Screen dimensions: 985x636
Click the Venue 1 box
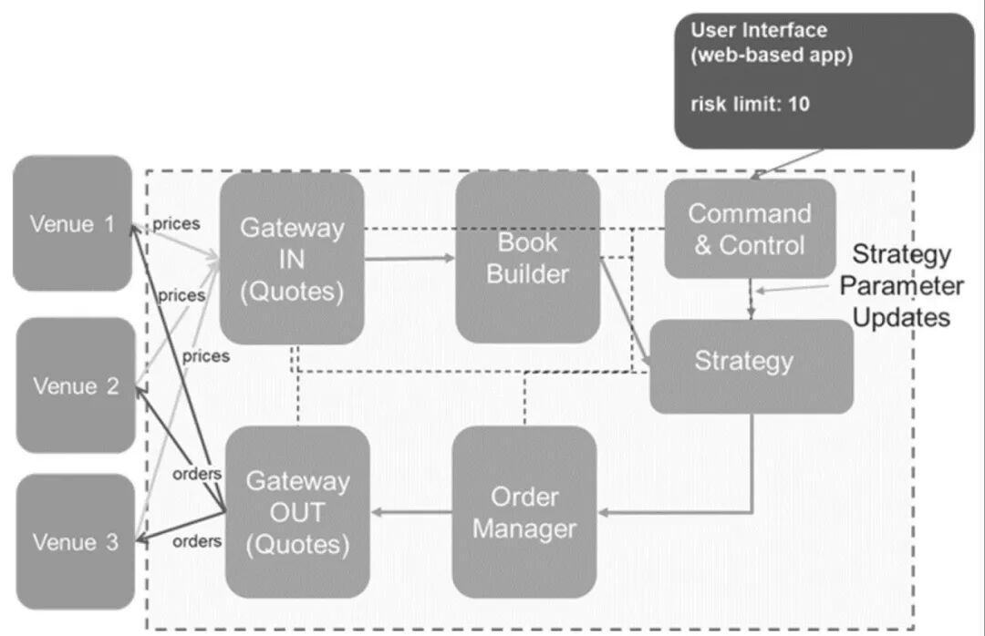(x=72, y=223)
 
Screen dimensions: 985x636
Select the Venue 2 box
(x=76, y=385)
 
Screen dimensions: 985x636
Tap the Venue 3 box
(x=76, y=541)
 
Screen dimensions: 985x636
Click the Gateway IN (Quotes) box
(x=292, y=259)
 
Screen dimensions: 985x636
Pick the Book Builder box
(x=527, y=258)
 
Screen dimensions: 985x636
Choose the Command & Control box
(x=750, y=229)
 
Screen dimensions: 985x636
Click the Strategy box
(x=752, y=366)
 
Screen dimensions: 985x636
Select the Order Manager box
(x=524, y=512)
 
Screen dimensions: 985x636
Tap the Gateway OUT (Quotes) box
(x=297, y=512)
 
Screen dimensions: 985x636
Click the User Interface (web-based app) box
(x=824, y=81)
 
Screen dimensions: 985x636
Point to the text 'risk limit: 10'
(x=750, y=104)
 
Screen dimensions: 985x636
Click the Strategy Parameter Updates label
(x=901, y=286)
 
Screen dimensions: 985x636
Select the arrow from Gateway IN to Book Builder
(x=410, y=258)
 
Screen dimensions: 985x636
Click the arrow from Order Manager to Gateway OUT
(x=410, y=512)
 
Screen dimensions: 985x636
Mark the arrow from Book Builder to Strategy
(x=626, y=312)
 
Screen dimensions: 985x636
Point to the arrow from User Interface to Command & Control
(x=787, y=164)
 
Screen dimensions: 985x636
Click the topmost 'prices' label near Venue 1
(x=176, y=223)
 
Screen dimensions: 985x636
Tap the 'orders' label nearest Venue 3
(x=197, y=540)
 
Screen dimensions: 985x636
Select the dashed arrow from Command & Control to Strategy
(x=751, y=299)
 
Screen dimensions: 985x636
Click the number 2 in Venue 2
(x=112, y=385)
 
